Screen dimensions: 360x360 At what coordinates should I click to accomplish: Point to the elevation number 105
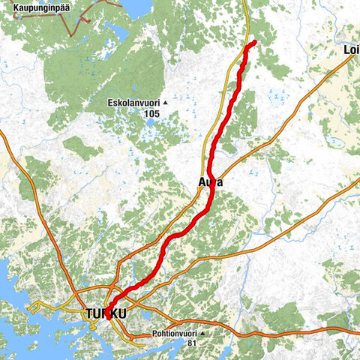tap(152, 113)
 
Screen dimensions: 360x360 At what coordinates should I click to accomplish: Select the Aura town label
tap(211, 182)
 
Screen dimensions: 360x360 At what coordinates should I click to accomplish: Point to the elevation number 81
tap(193, 343)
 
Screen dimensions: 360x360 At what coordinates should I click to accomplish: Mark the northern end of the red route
tap(254, 41)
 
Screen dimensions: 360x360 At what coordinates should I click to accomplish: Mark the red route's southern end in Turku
tap(109, 316)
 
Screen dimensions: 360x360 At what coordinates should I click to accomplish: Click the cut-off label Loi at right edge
tap(351, 50)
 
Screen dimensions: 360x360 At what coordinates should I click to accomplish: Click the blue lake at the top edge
tap(136, 7)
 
